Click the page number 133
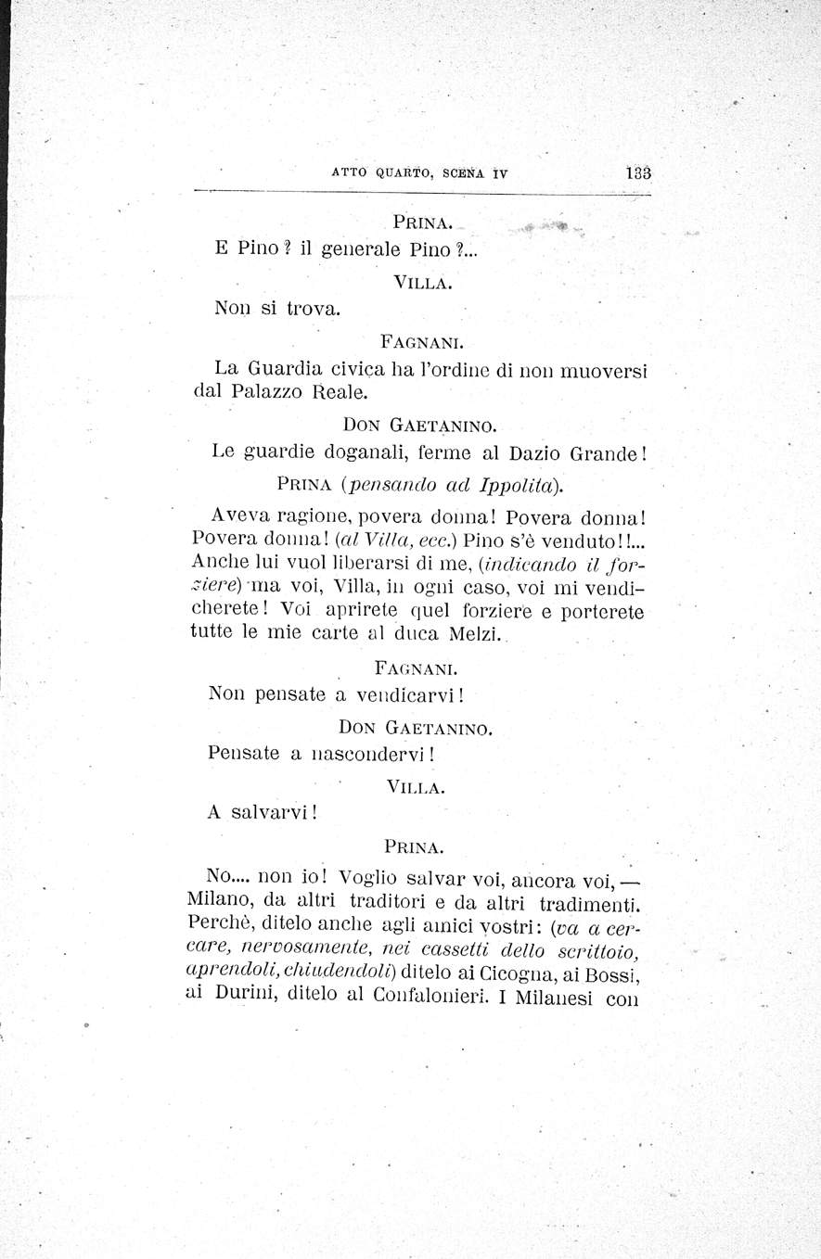click(x=639, y=172)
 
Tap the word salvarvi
click(x=270, y=813)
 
